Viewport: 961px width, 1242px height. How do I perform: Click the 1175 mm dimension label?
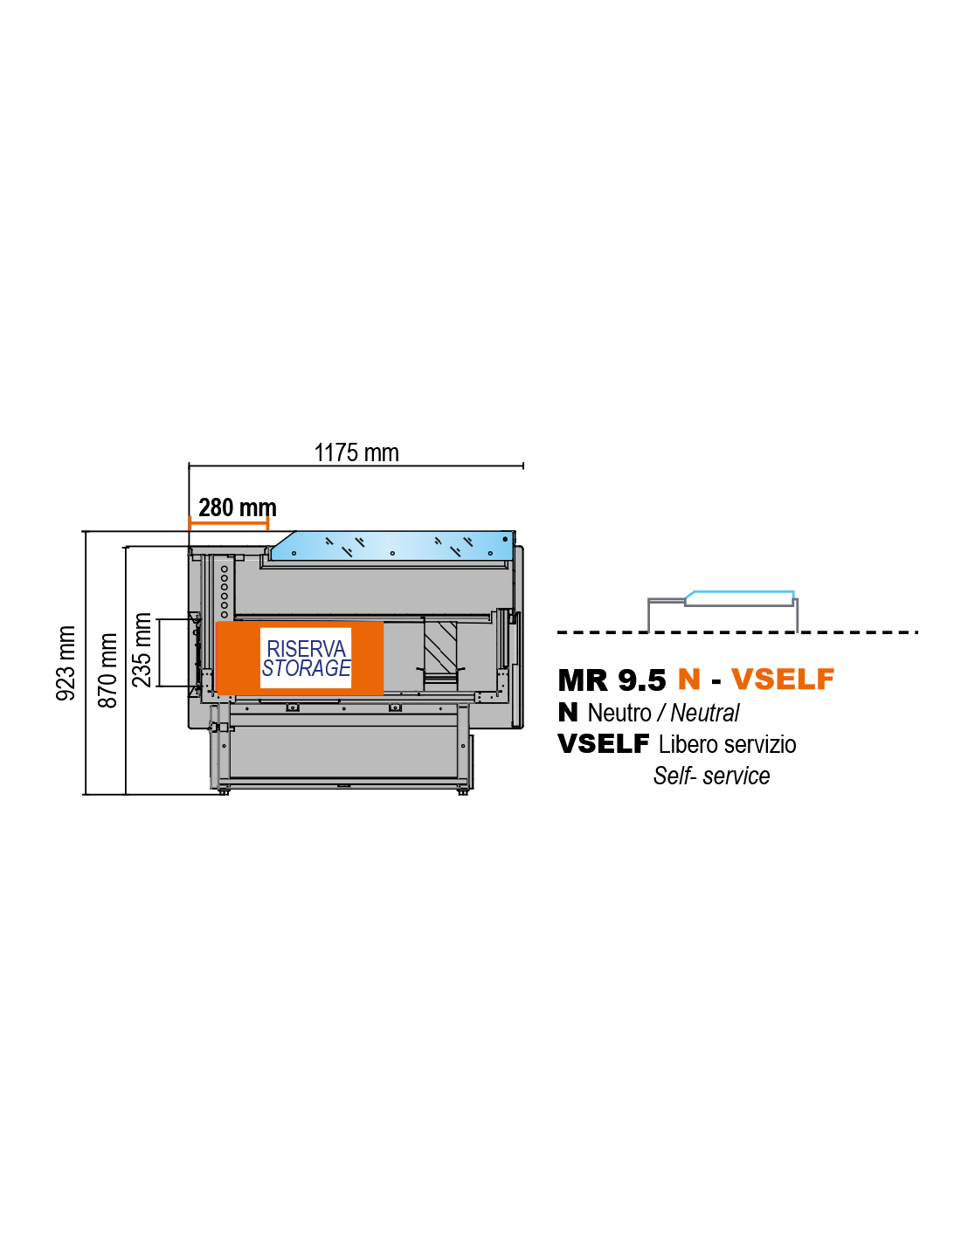pos(356,452)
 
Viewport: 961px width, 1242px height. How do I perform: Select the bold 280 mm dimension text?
pos(238,507)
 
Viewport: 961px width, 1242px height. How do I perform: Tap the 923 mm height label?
pos(66,663)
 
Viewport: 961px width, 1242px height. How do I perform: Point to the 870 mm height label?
pos(107,670)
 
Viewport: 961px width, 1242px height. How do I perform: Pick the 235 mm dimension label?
pos(142,650)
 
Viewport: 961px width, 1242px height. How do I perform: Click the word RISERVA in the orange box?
pos(307,649)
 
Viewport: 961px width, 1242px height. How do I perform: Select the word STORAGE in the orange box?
pos(306,667)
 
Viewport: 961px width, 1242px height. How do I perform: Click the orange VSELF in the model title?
pos(783,679)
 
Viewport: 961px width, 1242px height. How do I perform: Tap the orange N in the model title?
pos(689,679)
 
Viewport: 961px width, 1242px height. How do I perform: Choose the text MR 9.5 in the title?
pos(612,680)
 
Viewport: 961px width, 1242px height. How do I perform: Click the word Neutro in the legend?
pos(619,713)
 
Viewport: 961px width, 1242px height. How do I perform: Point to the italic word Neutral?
pos(705,713)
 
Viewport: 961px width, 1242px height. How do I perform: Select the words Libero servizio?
pos(727,744)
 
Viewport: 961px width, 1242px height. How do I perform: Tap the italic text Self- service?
pos(712,776)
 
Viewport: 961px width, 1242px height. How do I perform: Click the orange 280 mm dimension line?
pos(229,522)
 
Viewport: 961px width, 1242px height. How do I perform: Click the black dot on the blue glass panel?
pos(505,539)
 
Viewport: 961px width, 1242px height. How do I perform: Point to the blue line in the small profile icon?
pos(739,594)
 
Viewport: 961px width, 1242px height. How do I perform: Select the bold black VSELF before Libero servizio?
pos(603,744)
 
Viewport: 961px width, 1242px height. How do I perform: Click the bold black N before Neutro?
pos(568,713)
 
